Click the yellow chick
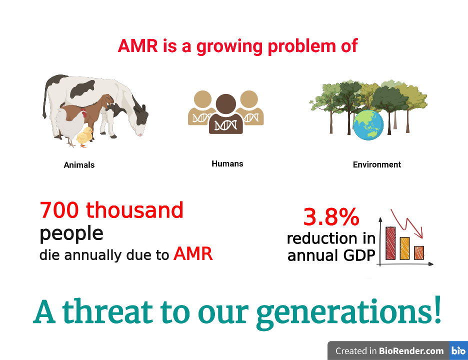tap(84, 136)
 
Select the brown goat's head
tap(107, 100)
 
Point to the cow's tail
tap(45, 98)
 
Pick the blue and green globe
tap(368, 125)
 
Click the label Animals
tap(79, 165)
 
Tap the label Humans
tap(227, 163)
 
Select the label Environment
tap(377, 164)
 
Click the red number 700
tap(59, 210)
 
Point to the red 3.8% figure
tap(331, 216)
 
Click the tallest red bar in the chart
tap(390, 243)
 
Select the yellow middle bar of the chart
tap(404, 248)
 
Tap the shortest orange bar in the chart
tap(419, 253)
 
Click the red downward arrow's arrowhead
tap(421, 233)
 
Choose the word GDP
tap(359, 255)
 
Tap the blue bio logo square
tap(458, 350)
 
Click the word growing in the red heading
tap(229, 47)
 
